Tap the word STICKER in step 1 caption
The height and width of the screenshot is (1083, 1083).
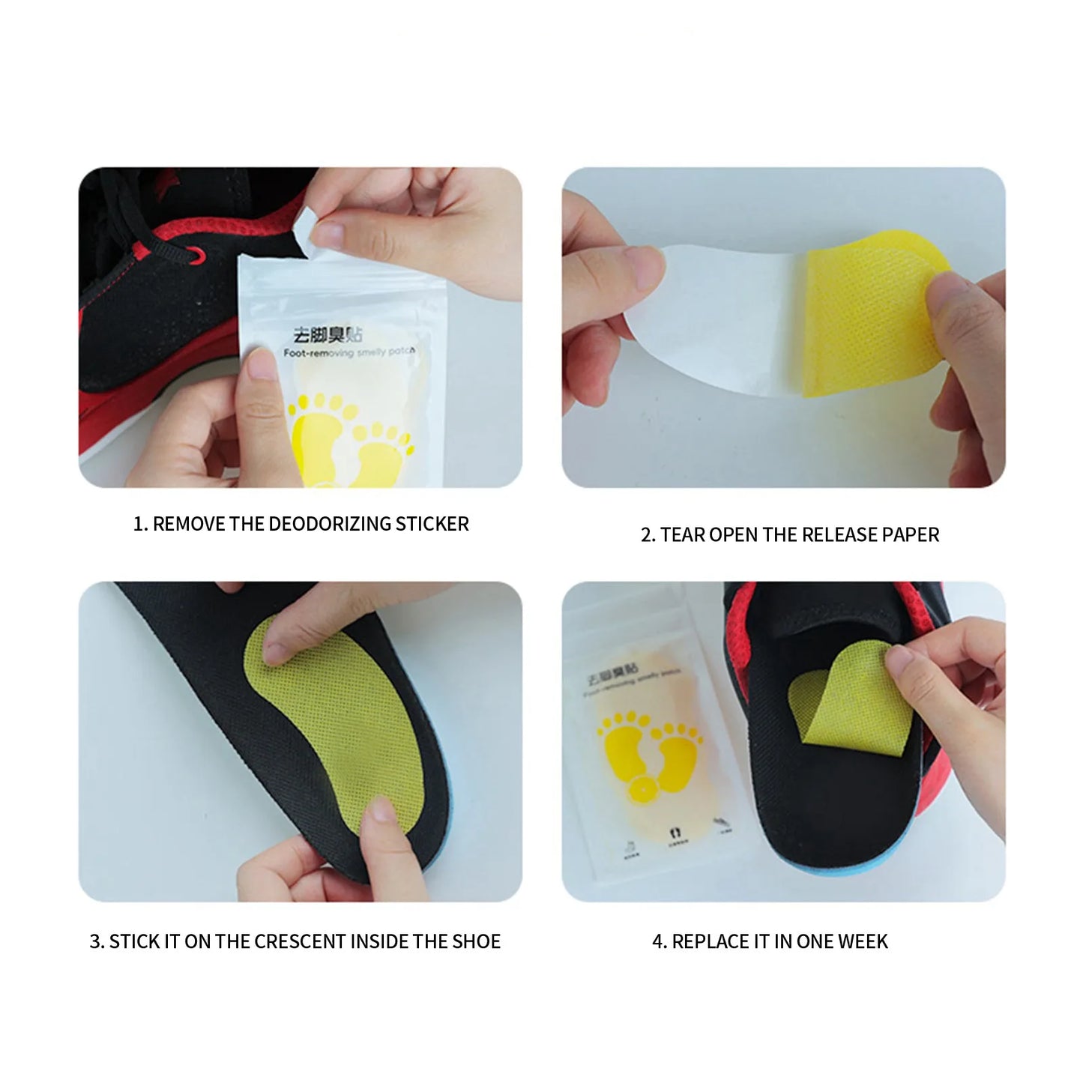pos(432,524)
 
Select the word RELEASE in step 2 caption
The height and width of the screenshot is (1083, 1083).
pos(835,535)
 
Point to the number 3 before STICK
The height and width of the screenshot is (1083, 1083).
pos(96,942)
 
